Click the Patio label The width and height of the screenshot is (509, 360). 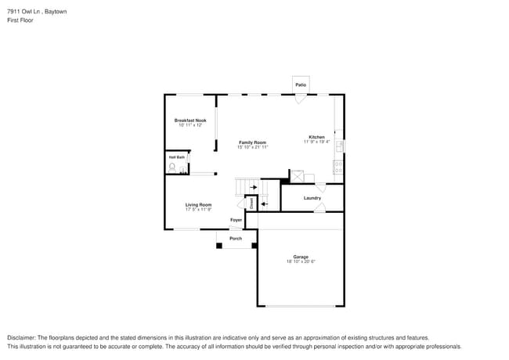point(300,85)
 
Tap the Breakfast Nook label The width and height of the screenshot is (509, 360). point(190,121)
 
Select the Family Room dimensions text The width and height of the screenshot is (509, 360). point(253,147)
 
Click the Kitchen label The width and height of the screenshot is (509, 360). point(316,137)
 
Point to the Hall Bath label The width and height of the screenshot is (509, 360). point(177,157)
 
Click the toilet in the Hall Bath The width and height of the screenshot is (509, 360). point(172,167)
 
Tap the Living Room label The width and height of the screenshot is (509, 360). point(198,204)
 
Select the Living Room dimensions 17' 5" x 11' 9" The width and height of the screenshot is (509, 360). point(198,210)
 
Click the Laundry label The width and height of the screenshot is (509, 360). point(312,198)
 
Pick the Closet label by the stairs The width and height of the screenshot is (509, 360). point(251,203)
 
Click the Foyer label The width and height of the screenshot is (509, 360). point(236,220)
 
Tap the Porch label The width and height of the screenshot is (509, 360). point(236,238)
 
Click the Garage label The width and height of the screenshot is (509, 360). point(301,257)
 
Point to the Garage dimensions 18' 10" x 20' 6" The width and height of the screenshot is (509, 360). point(301,262)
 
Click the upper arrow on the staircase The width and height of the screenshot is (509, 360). point(252,187)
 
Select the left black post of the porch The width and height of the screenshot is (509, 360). point(219,246)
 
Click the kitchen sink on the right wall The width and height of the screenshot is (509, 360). point(339,146)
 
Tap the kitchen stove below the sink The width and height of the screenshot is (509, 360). point(338,167)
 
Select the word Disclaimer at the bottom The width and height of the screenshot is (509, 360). point(24,337)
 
